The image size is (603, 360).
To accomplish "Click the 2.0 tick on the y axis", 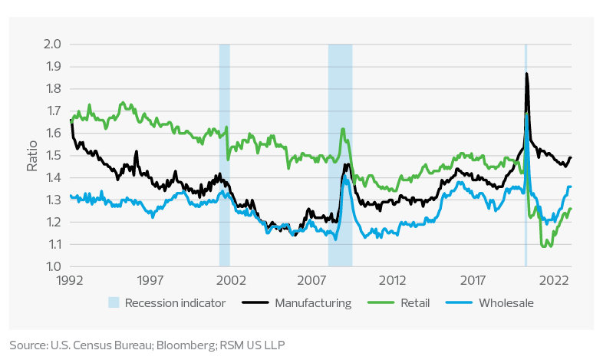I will pyautogui.click(x=51, y=45).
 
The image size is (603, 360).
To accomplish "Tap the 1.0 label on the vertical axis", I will pyautogui.click(x=51, y=267).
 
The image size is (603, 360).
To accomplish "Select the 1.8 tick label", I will pyautogui.click(x=51, y=89).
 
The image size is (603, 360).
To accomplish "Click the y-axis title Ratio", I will pyautogui.click(x=32, y=156).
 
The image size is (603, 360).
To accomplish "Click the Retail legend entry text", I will pyautogui.click(x=414, y=302).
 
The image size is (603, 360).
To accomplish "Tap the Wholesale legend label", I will pyautogui.click(x=506, y=302).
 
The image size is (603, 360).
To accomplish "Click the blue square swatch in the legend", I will pyautogui.click(x=114, y=302).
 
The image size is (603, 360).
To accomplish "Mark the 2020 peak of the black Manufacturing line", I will pyautogui.click(x=526, y=74).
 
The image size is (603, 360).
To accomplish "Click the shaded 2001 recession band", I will pyautogui.click(x=224, y=154).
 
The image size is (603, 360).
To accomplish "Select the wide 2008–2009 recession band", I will pyautogui.click(x=340, y=154).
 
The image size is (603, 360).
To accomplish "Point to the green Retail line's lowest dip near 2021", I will pyautogui.click(x=543, y=246).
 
